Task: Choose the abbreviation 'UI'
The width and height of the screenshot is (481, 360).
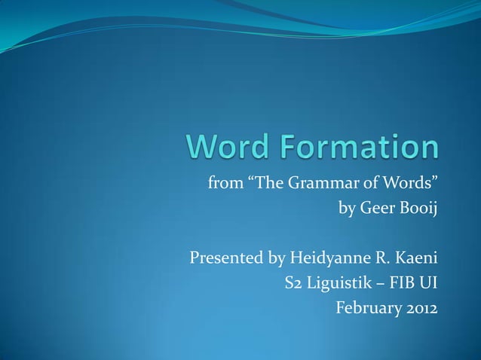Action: coord(428,284)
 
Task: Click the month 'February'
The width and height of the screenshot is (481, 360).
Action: coord(367,309)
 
